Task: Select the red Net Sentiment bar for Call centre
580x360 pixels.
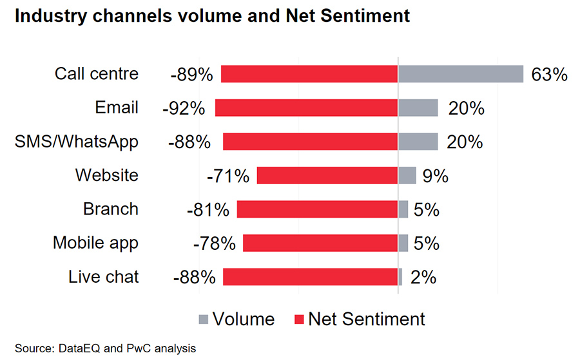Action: (309, 74)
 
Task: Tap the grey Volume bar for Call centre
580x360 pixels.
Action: (460, 74)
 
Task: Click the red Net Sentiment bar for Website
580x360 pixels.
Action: (327, 175)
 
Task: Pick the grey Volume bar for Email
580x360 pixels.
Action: (418, 108)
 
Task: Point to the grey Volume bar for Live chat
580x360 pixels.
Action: (400, 277)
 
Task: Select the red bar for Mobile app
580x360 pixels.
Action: (320, 243)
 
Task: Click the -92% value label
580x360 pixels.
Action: (184, 108)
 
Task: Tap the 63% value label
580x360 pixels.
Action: (549, 75)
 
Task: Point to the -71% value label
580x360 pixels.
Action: (227, 176)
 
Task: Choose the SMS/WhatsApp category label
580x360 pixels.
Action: (77, 142)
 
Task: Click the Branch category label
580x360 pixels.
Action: (111, 209)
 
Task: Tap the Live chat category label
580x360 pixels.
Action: (104, 278)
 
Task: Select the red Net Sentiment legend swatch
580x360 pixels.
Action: (299, 319)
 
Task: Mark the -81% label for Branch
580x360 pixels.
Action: (208, 210)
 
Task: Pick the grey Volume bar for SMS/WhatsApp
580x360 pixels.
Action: (418, 142)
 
